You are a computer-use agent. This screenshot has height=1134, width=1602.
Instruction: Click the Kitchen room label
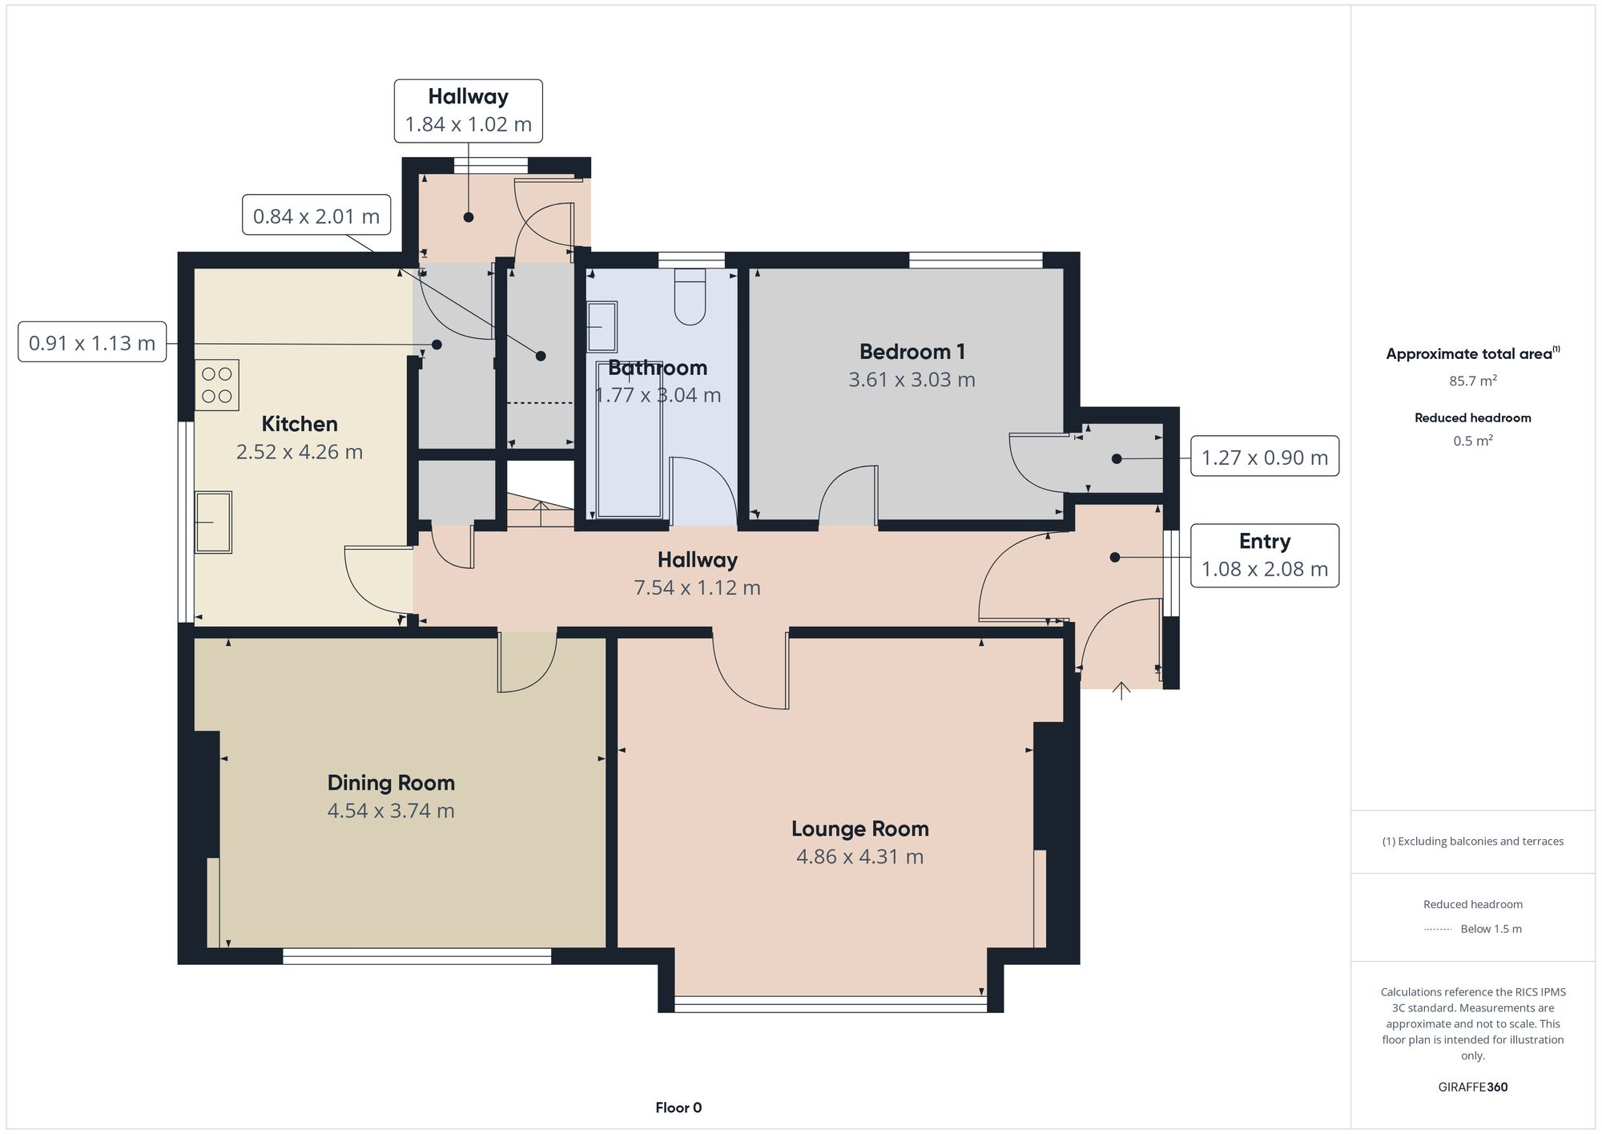point(300,424)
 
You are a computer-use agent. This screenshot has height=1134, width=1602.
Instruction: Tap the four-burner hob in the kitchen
point(216,385)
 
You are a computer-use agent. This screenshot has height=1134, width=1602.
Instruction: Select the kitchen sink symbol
point(213,522)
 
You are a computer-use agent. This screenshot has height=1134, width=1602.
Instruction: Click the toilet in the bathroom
point(690,297)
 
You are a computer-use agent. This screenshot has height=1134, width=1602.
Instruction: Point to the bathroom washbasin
point(602,326)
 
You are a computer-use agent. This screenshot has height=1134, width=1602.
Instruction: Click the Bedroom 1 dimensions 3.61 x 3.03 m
point(912,380)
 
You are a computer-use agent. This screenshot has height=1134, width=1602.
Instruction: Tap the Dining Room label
point(391,783)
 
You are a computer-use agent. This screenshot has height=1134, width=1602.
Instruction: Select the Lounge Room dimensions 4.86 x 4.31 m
point(859,857)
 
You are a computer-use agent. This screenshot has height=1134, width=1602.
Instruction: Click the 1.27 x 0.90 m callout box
point(1264,457)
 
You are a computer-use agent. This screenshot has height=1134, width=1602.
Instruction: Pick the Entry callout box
point(1264,555)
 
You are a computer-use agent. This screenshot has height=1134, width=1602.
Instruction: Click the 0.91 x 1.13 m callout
point(92,342)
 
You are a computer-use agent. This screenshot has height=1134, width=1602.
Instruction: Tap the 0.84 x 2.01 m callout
point(316,216)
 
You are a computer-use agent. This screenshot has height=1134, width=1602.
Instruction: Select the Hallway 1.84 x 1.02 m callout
point(468,111)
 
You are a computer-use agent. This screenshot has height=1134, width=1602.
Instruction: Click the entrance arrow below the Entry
point(1121,690)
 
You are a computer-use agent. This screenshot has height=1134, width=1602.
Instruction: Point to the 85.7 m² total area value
point(1472,381)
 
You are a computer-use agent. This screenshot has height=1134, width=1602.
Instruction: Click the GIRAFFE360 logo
point(1472,1087)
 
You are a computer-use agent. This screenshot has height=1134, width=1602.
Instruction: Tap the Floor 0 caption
point(678,1108)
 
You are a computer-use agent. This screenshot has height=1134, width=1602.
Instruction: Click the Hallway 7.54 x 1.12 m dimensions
point(697,587)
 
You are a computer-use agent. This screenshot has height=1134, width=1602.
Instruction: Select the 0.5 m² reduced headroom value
point(1472,441)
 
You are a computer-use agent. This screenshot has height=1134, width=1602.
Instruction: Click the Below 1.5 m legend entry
point(1490,929)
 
